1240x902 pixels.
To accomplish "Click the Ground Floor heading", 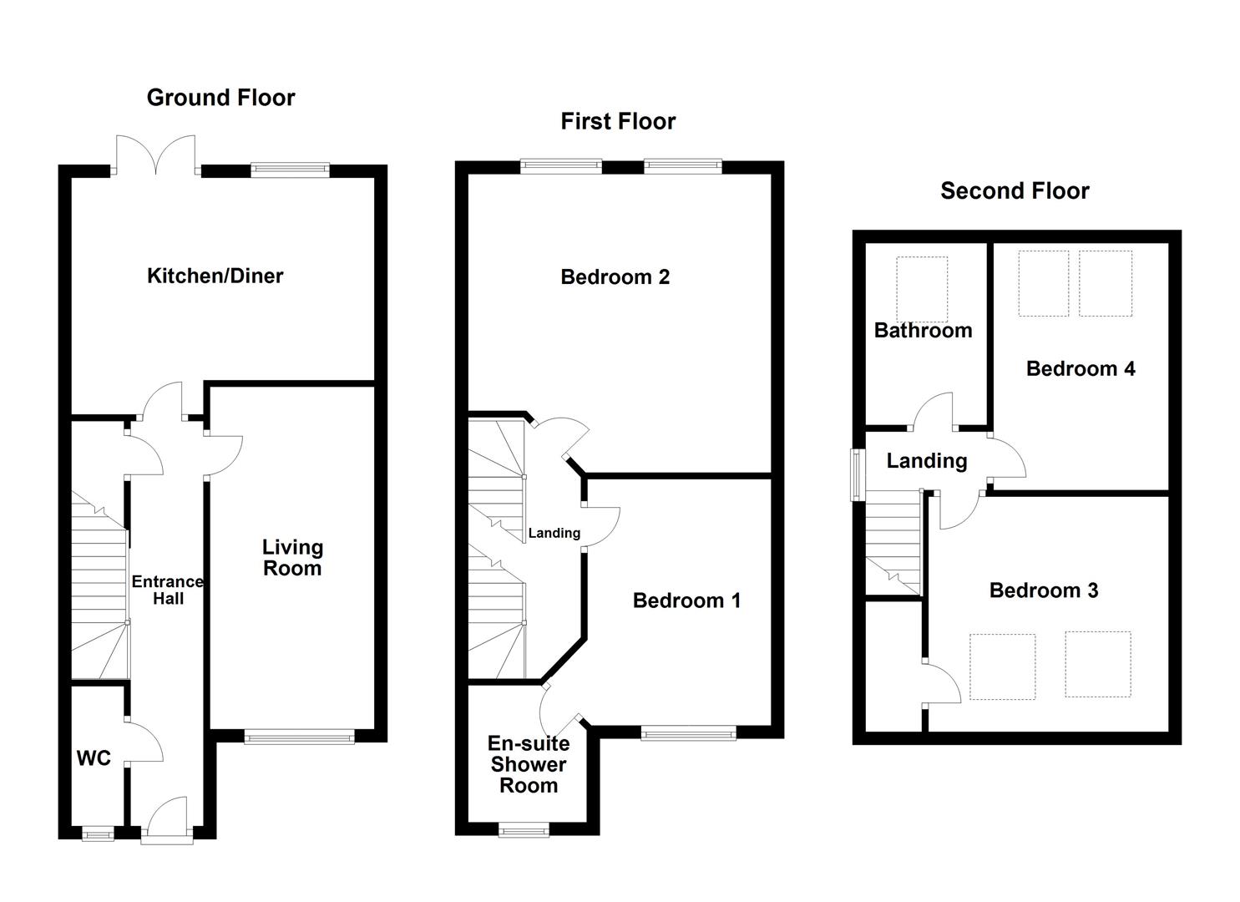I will click(220, 98).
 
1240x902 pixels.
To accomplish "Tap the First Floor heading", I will click(618, 121).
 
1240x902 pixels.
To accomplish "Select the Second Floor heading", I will click(1015, 190).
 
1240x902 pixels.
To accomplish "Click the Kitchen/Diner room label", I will click(215, 276).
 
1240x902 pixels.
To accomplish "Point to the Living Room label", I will click(292, 558).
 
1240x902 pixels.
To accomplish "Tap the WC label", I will click(94, 758).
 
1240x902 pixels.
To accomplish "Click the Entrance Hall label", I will click(167, 590).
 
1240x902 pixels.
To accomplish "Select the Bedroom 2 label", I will click(615, 276).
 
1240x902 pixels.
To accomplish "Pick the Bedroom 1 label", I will click(686, 600).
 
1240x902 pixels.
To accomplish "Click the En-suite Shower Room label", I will click(528, 764).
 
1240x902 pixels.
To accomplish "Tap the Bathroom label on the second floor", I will click(923, 330).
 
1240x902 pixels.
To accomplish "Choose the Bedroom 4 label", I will click(1081, 368).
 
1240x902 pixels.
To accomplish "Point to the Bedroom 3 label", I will click(1043, 590).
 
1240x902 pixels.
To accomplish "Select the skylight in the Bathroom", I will click(922, 289).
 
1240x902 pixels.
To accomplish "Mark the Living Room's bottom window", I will click(299, 737).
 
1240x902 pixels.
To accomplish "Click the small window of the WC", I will click(98, 832).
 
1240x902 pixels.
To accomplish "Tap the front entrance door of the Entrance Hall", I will click(167, 823).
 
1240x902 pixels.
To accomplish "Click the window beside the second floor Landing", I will click(857, 475).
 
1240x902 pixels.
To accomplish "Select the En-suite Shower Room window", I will click(524, 829).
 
